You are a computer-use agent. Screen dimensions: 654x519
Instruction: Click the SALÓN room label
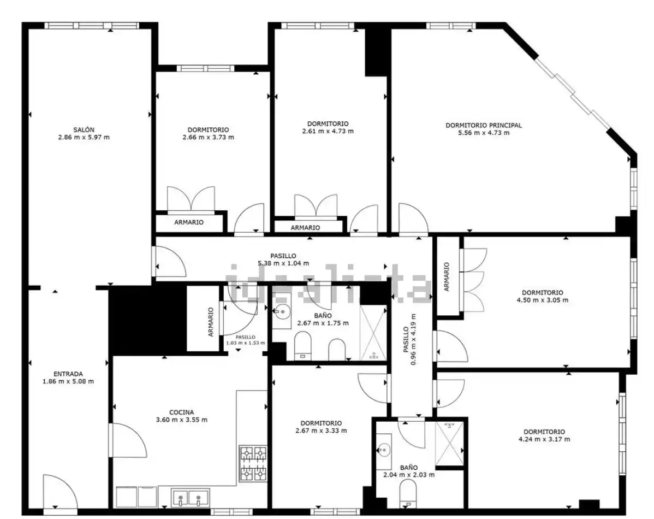pos(84,130)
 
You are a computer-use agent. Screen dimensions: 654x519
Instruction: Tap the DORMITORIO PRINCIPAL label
pos(484,125)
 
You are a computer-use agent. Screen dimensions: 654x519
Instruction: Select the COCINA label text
pos(181,412)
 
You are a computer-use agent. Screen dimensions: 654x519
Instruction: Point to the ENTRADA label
pos(68,374)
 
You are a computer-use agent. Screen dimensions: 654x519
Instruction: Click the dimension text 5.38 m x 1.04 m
pos(283,263)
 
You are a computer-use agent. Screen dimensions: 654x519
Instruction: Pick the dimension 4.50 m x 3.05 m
pos(542,300)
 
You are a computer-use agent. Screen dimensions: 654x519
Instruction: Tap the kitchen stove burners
pos(253,463)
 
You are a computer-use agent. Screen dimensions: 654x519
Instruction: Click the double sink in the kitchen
pos(190,497)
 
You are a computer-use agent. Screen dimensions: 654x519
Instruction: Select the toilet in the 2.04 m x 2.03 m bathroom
pos(407,493)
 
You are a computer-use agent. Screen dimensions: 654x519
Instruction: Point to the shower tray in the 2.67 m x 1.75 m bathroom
pos(373,333)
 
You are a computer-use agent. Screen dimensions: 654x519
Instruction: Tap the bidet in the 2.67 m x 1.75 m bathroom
pos(337,350)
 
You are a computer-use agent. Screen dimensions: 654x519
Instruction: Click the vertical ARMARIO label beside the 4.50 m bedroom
pos(447,277)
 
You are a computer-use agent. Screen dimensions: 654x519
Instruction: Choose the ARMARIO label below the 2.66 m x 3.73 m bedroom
pos(189,222)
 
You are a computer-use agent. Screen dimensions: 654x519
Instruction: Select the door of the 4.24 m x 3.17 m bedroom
pos(448,393)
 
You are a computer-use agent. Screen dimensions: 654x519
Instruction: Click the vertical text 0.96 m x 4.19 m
pos(410,339)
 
